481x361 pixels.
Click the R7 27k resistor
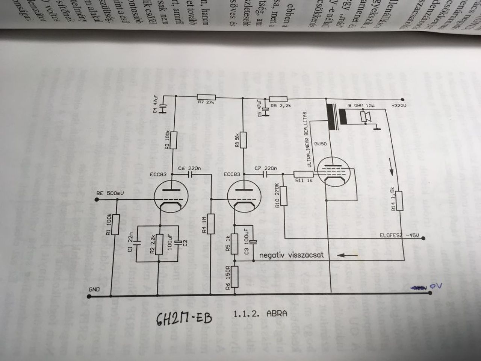pyautogui.click(x=206, y=97)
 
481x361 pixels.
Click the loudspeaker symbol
pyautogui.click(x=365, y=117)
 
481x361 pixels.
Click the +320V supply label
pyautogui.click(x=399, y=106)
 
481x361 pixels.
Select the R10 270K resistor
pyautogui.click(x=283, y=197)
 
